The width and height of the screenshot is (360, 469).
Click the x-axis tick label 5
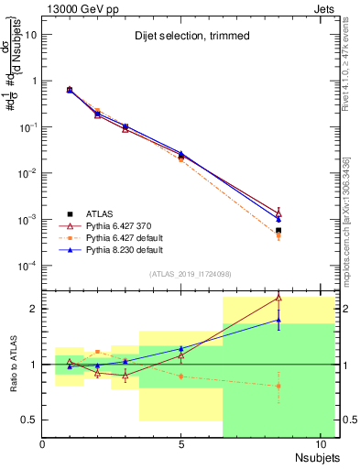181,444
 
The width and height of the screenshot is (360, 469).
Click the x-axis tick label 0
42,444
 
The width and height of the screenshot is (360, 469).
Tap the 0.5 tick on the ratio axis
29,420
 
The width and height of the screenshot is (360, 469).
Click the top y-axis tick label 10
31,34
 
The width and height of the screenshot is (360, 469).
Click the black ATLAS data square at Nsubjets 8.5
278,231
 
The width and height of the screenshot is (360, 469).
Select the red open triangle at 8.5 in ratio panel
278,298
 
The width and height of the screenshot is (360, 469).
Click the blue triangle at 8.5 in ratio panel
278,320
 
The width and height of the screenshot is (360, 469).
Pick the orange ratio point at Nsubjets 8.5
278,386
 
